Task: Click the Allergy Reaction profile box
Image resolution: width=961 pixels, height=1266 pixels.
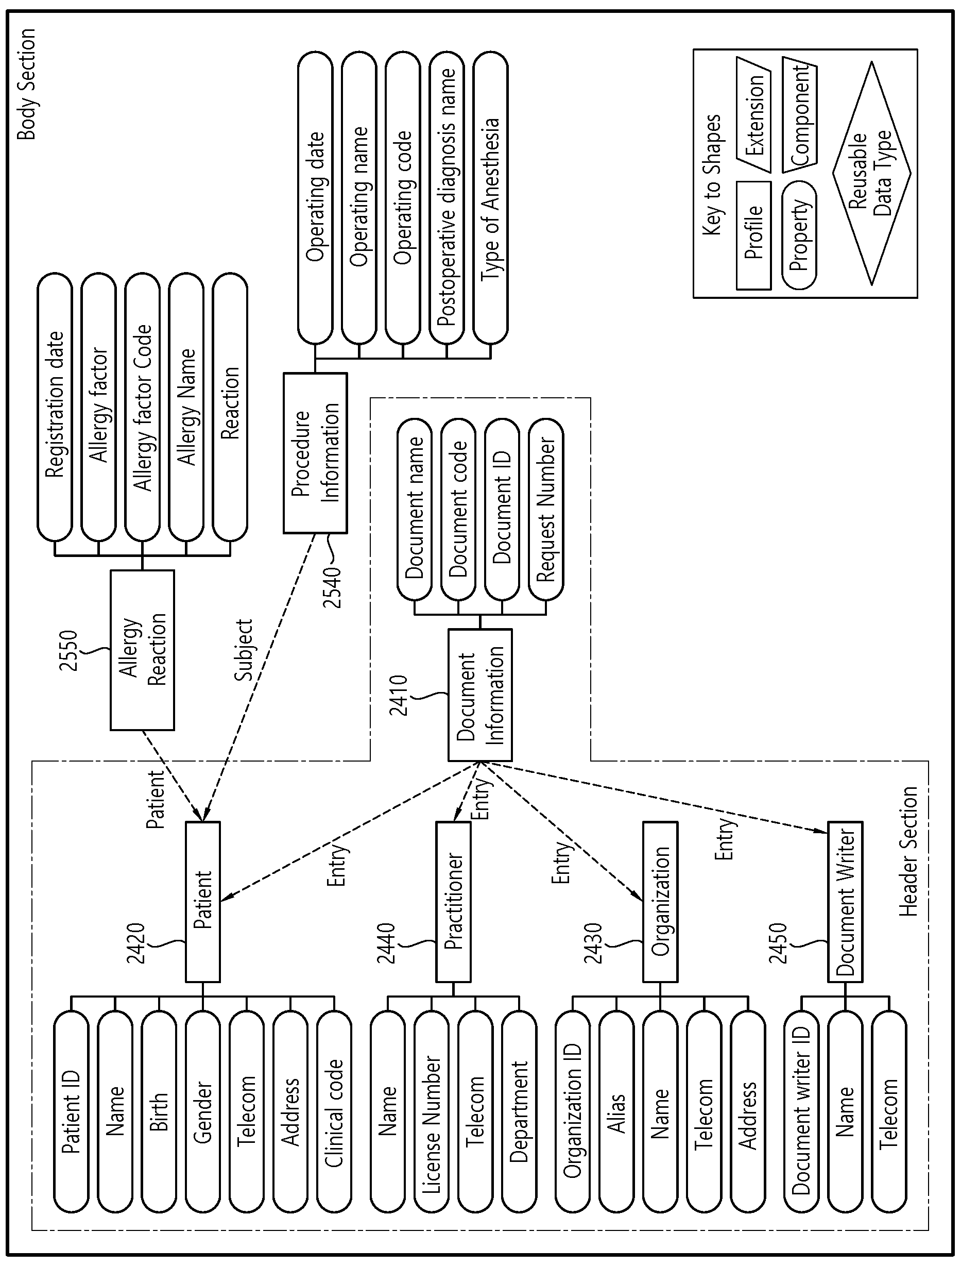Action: coord(142,650)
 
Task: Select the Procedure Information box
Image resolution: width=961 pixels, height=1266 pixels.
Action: coord(315,453)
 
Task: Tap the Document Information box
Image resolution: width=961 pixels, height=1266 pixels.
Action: coord(480,695)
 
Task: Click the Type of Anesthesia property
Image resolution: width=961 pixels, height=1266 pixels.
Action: coord(490,198)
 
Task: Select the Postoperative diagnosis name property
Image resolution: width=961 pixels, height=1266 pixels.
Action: coord(446,198)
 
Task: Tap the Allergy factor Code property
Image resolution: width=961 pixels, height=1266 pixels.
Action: coord(143,407)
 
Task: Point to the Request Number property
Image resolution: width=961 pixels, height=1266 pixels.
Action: coord(546,510)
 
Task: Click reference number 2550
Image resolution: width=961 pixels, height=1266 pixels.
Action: coord(68,650)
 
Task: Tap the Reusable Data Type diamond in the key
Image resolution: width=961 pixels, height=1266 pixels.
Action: coord(871,174)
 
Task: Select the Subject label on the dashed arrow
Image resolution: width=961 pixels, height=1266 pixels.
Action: coord(244,650)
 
